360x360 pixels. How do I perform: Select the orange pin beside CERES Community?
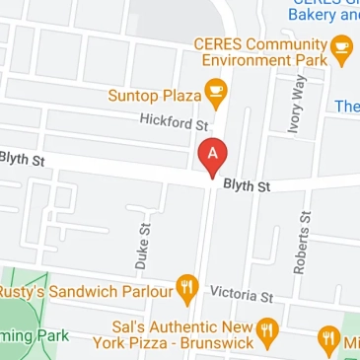[341, 46]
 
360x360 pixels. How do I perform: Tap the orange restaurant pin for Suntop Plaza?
[216, 92]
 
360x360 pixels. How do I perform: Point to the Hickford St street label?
[174, 121]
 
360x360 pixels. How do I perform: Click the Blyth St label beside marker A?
[247, 184]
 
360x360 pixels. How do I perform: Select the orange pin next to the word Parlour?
[187, 287]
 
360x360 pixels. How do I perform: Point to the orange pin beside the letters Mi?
[329, 340]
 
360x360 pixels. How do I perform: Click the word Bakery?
[314, 16]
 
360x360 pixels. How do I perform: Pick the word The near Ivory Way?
[347, 107]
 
